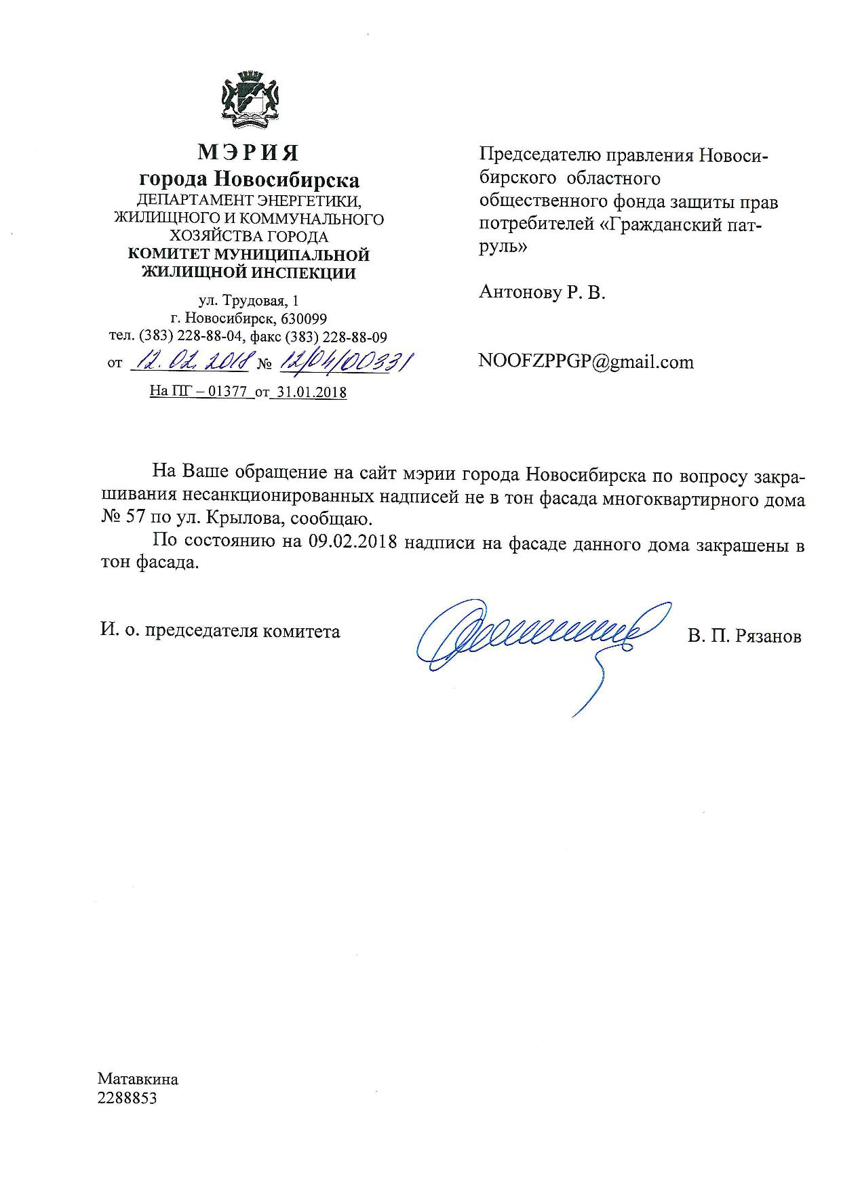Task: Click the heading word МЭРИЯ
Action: [x=248, y=152]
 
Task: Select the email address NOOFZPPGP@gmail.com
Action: [x=586, y=362]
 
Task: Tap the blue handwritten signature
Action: [x=536, y=637]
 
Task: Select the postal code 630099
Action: [x=304, y=319]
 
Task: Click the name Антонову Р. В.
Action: [x=541, y=293]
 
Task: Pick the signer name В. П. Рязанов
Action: [x=744, y=636]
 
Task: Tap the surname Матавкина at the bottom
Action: [x=138, y=1080]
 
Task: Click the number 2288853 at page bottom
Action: [x=128, y=1098]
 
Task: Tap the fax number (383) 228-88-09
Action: [x=336, y=337]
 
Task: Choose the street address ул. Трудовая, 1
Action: [x=248, y=300]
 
